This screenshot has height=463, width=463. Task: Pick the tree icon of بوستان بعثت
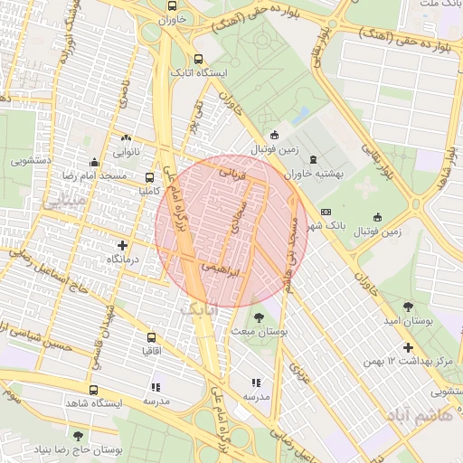[x=260, y=317]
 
